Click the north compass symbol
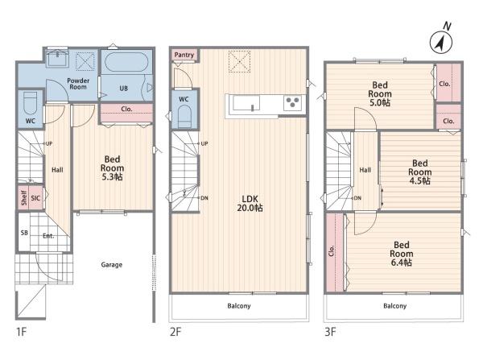(441, 43)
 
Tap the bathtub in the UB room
(126, 62)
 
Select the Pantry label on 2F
(184, 55)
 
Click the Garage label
(112, 265)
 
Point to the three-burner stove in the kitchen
(293, 102)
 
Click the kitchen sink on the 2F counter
(246, 102)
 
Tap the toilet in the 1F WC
(31, 104)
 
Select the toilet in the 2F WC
(184, 116)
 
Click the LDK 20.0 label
(250, 204)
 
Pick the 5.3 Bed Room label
(112, 168)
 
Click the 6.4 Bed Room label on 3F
(402, 254)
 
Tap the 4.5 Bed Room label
(420, 172)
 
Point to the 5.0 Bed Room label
(380, 93)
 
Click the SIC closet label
(35, 198)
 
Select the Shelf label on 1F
(23, 197)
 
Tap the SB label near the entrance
(24, 233)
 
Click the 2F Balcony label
(239, 306)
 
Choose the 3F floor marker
(330, 332)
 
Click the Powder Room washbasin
(57, 59)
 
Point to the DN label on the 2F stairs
(204, 198)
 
